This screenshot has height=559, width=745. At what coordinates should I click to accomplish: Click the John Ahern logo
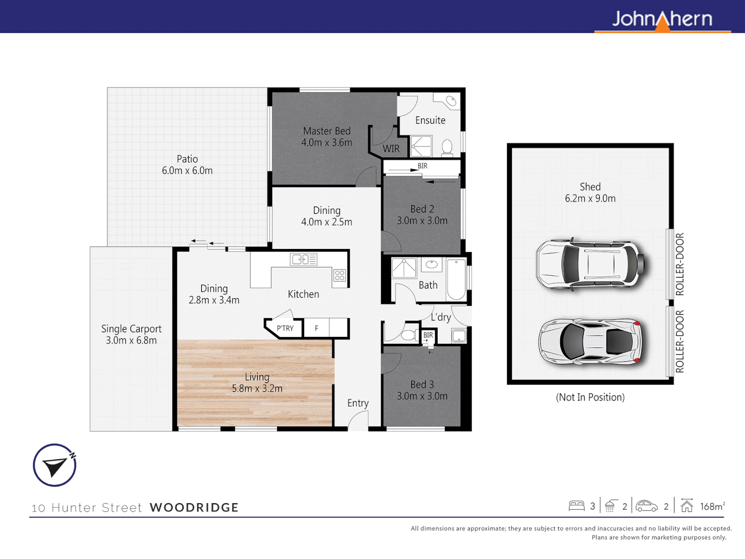pyautogui.click(x=662, y=20)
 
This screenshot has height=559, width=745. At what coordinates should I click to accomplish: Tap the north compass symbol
pyautogui.click(x=55, y=465)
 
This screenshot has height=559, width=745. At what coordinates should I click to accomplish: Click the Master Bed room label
pyautogui.click(x=326, y=131)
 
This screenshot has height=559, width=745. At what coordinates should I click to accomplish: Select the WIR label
pyautogui.click(x=391, y=149)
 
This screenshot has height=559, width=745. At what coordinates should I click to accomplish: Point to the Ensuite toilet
pyautogui.click(x=448, y=148)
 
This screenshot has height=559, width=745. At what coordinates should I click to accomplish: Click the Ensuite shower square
pyautogui.click(x=421, y=146)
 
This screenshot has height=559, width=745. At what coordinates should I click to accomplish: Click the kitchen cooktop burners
pyautogui.click(x=339, y=275)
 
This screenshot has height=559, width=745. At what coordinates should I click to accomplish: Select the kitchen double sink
pyautogui.click(x=304, y=259)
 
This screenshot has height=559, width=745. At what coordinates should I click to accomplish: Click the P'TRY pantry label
pyautogui.click(x=285, y=328)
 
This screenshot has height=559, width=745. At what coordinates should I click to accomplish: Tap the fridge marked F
pyautogui.click(x=317, y=328)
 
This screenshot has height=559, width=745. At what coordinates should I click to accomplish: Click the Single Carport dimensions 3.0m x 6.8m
pyautogui.click(x=131, y=341)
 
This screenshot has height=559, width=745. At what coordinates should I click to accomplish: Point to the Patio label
pyautogui.click(x=187, y=159)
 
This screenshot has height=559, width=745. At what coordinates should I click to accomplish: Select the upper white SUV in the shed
pyautogui.click(x=590, y=264)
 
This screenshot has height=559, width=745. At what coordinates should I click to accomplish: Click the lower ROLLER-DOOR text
pyautogui.click(x=680, y=342)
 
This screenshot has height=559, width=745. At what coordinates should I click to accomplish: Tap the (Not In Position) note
pyautogui.click(x=590, y=397)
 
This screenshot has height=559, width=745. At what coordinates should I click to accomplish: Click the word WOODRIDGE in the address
pyautogui.click(x=194, y=507)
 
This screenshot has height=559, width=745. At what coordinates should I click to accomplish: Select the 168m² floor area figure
pyautogui.click(x=712, y=506)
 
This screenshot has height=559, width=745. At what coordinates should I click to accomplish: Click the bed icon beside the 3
pyautogui.click(x=576, y=506)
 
